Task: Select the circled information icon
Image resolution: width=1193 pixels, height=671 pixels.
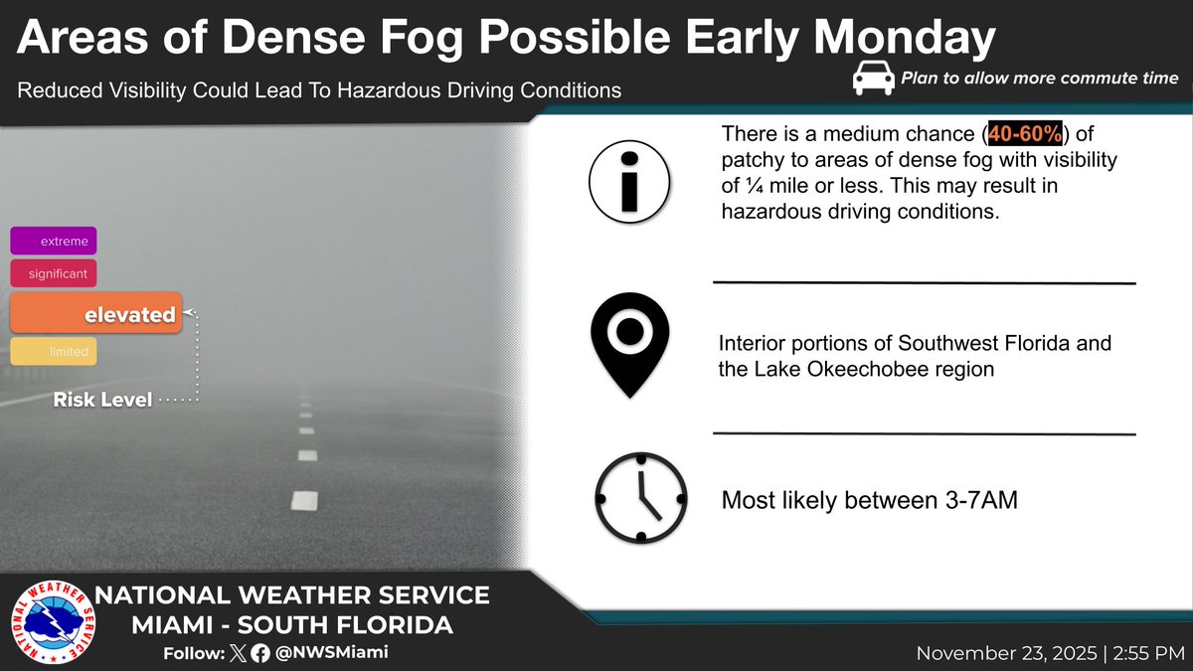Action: pos(629,182)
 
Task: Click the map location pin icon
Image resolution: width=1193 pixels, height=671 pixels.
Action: pos(629,343)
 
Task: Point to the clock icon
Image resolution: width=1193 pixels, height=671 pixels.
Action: pos(640,497)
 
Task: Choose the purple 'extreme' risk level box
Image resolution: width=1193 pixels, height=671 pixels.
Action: pos(54,242)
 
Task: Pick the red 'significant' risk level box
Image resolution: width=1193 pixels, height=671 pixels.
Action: pos(54,272)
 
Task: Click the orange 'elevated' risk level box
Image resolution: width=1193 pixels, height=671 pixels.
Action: pos(95,314)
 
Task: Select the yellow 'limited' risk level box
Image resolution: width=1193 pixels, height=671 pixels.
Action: pos(54,352)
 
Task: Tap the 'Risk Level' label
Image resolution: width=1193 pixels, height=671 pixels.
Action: pos(102,401)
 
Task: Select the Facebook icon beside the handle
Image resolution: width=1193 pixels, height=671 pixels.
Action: pos(260,653)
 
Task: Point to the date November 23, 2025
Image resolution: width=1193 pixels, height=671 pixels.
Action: pos(1008,653)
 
